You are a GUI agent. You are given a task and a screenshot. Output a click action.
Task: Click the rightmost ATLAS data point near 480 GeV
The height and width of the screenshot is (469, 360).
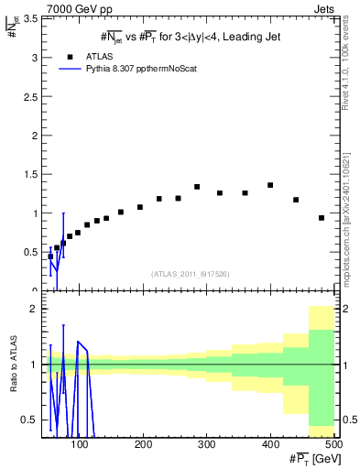tap(322, 218)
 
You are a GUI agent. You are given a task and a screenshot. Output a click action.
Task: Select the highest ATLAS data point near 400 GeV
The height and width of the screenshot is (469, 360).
tap(270, 185)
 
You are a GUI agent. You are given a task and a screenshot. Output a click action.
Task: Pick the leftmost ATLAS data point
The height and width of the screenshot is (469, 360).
tap(50, 256)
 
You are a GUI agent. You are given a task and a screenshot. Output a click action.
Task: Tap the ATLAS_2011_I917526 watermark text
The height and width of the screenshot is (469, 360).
tap(189, 274)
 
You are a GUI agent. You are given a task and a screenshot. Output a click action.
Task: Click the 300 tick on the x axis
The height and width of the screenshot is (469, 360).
tap(207, 445)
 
